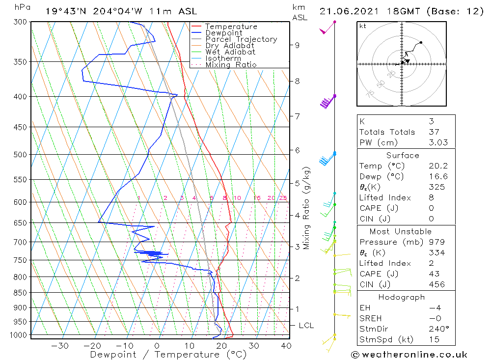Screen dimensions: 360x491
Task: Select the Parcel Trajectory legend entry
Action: [x=241, y=39]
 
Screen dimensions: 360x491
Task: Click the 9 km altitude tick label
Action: [x=297, y=45]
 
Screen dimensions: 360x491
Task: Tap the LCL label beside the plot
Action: [x=306, y=326]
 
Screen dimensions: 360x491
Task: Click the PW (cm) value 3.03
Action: [x=437, y=142]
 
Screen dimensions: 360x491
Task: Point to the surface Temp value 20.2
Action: [x=437, y=166]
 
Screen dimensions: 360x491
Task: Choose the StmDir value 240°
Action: [x=437, y=329]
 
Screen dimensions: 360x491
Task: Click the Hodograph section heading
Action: [x=402, y=297]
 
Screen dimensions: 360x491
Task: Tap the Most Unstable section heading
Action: [x=402, y=231]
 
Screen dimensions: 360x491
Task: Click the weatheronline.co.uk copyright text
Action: [x=409, y=355]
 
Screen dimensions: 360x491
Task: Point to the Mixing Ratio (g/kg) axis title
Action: [x=307, y=208]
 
